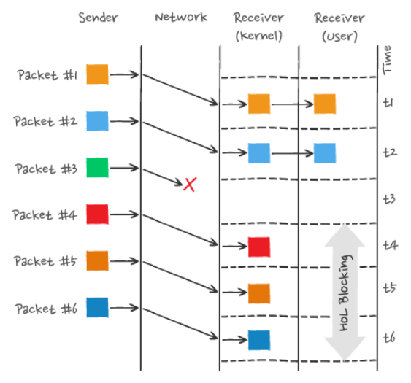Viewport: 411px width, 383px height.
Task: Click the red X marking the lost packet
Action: (x=190, y=185)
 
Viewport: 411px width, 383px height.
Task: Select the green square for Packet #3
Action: (x=97, y=168)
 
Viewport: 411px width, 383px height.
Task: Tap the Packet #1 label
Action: (x=47, y=75)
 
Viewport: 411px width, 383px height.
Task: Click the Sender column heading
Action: (x=99, y=18)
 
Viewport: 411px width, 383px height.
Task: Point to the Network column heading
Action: (x=181, y=18)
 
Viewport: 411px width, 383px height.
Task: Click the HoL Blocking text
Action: (x=345, y=293)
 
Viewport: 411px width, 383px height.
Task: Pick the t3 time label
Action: (x=389, y=199)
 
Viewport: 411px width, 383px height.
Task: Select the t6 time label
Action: (x=389, y=338)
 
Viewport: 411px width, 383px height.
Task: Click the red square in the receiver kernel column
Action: (x=259, y=247)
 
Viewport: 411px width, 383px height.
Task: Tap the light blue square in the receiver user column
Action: (x=325, y=153)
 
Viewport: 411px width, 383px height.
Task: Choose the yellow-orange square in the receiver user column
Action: (x=325, y=104)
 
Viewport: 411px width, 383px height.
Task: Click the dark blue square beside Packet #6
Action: (x=97, y=307)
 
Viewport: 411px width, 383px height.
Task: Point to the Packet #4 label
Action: (x=45, y=215)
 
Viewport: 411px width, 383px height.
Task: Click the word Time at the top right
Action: (x=387, y=61)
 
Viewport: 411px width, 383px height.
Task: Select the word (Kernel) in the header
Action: (x=259, y=36)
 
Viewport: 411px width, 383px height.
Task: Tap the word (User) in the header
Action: (x=339, y=36)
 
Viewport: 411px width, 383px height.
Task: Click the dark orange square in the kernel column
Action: (x=259, y=293)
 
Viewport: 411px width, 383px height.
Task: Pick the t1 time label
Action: (x=388, y=102)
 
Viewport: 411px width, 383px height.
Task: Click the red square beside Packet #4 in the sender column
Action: (x=97, y=214)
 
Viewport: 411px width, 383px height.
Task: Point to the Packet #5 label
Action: (x=45, y=261)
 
